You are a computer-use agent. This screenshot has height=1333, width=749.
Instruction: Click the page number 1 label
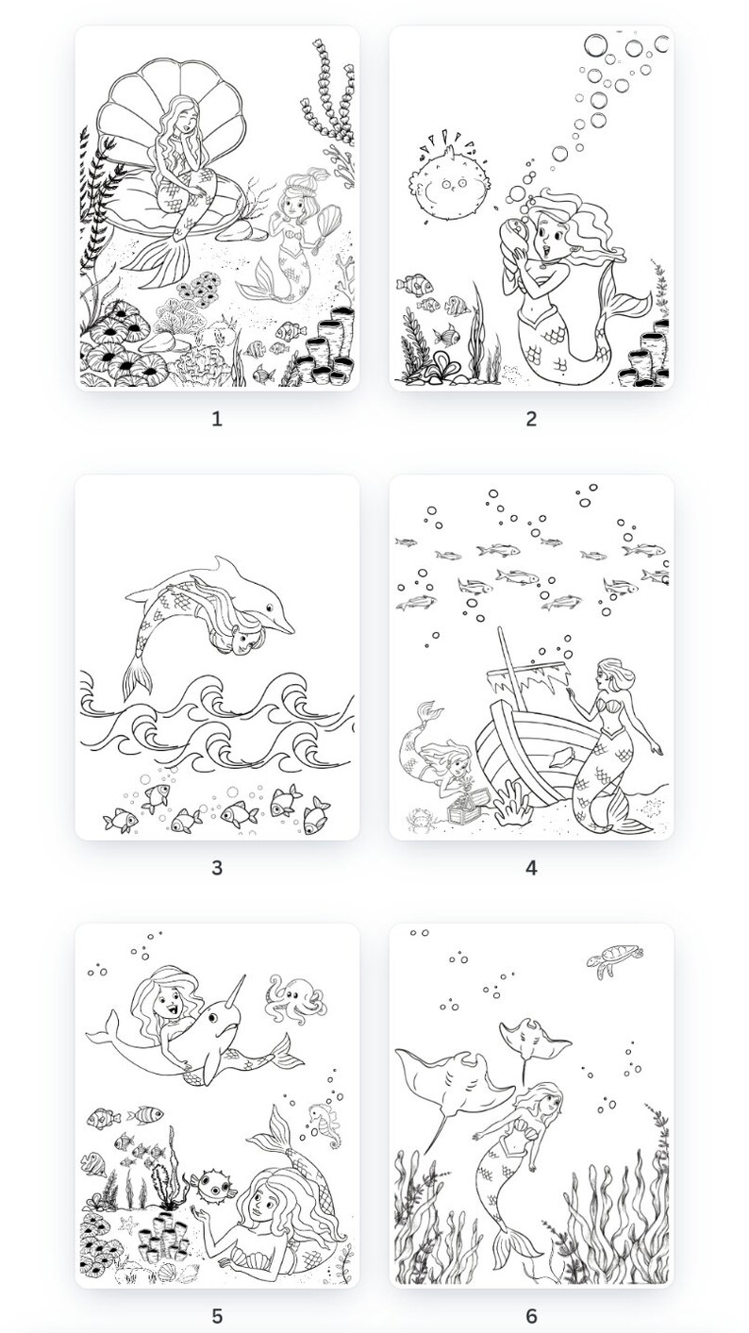216,419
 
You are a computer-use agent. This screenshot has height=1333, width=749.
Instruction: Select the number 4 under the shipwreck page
531,868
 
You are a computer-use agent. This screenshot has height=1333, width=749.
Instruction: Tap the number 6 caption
531,1316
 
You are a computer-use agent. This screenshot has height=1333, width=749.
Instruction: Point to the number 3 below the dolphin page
216,868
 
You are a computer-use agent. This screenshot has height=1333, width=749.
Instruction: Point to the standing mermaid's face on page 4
608,676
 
